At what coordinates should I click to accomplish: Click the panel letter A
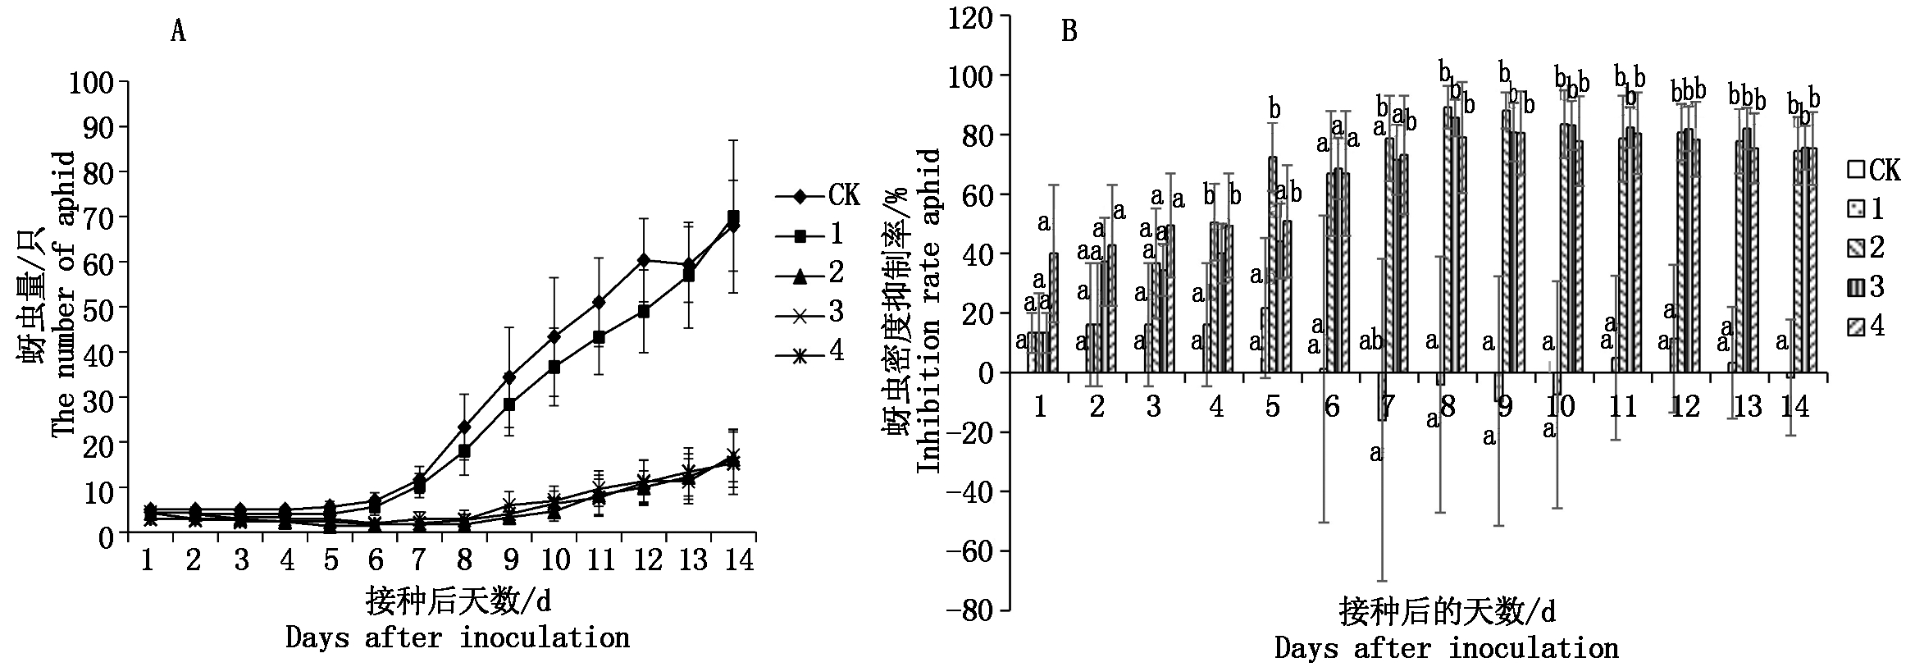178,32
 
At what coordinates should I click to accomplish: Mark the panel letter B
1069,32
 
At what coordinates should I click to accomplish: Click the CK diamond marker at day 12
645,260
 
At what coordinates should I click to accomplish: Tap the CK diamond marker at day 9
509,377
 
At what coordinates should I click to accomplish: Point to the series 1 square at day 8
464,451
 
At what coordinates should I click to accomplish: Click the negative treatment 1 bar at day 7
1382,396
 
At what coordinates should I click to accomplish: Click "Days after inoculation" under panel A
458,637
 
